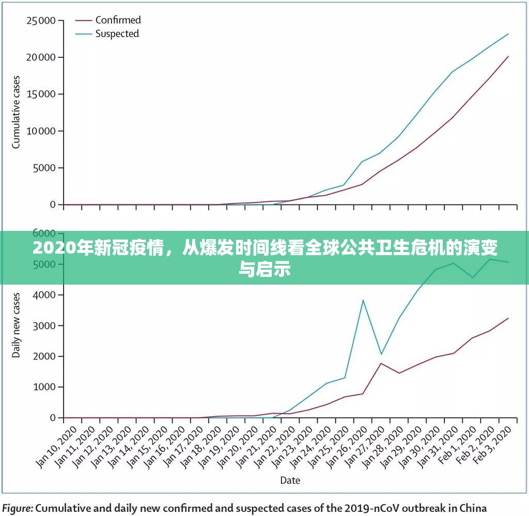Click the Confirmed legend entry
pyautogui.click(x=118, y=20)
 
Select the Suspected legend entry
pyautogui.click(x=117, y=34)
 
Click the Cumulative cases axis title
pyautogui.click(x=16, y=112)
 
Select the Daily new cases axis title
pyautogui.click(x=16, y=325)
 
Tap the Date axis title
pyautogui.click(x=290, y=480)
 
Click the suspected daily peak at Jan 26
pyautogui.click(x=363, y=300)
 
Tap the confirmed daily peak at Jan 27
pyautogui.click(x=381, y=364)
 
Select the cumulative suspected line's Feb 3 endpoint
pyautogui.click(x=508, y=34)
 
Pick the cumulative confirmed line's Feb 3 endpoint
pyautogui.click(x=508, y=56)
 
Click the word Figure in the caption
pyautogui.click(x=18, y=507)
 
